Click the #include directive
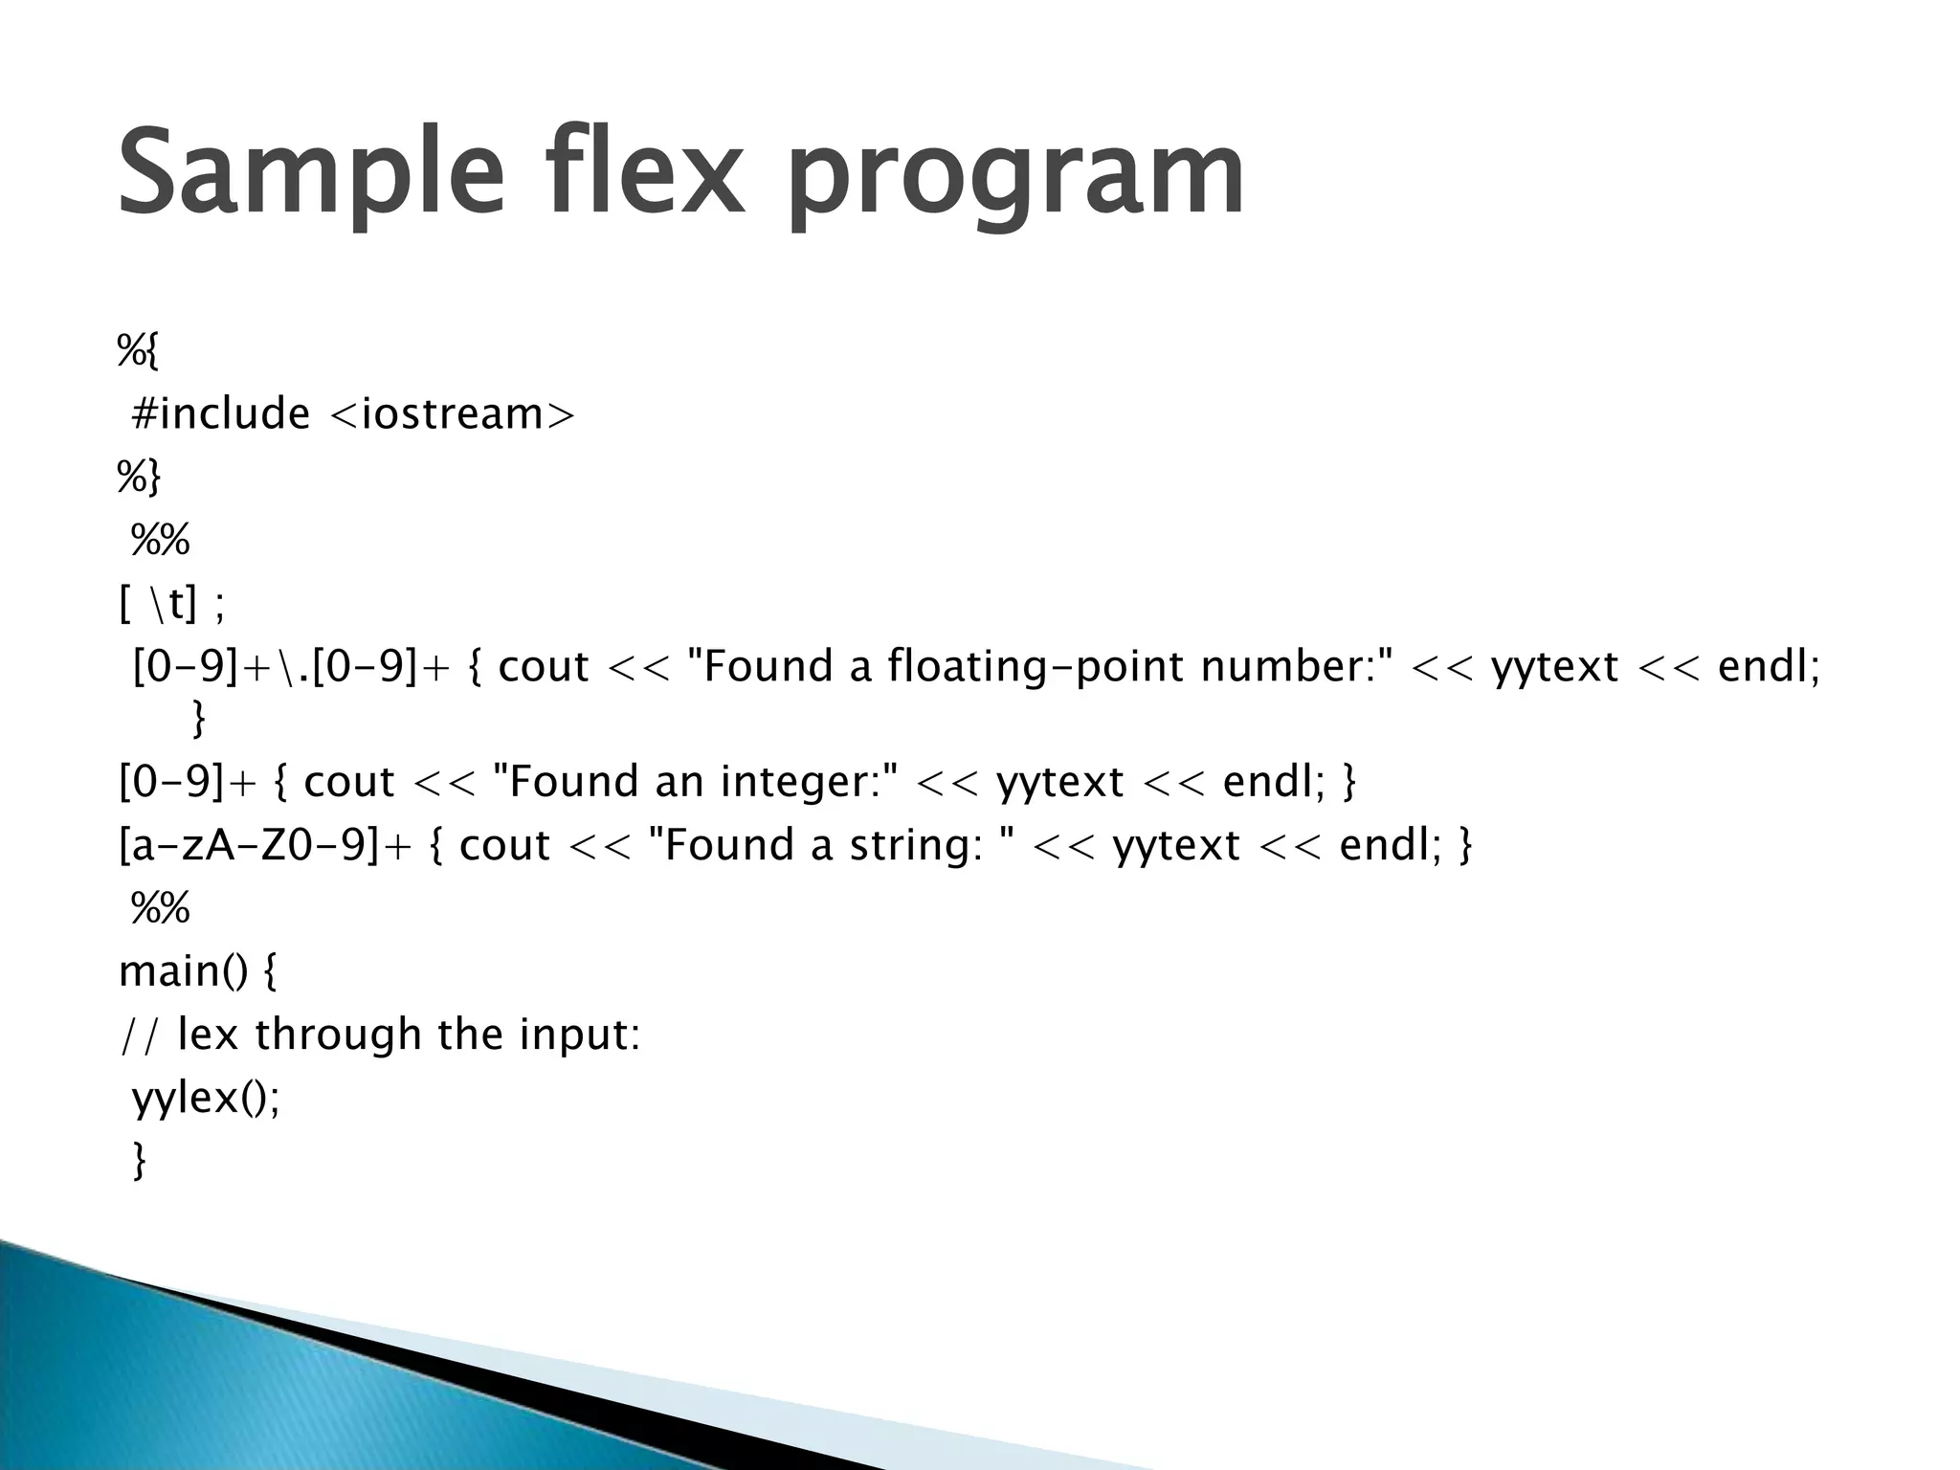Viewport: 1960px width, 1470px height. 221,414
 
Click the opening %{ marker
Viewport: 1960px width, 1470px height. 138,350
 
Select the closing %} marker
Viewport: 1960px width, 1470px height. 139,477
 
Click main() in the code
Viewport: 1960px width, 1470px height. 183,972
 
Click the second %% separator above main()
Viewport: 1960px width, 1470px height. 160,907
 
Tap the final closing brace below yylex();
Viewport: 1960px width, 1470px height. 140,1161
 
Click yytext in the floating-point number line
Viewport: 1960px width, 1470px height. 1554,666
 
